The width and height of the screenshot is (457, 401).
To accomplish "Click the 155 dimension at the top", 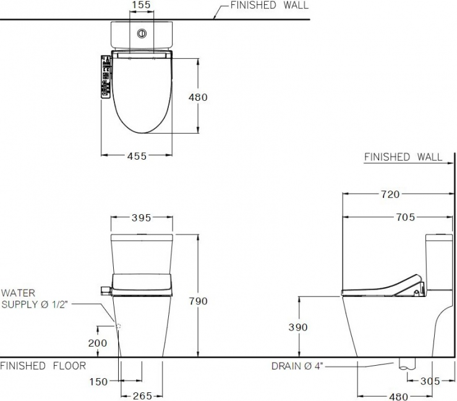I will pos(142,6).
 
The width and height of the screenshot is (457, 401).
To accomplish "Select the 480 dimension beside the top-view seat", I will pos(198,97).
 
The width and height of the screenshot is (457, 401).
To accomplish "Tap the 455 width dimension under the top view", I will pos(137,156).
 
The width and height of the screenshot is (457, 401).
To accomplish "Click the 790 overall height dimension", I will pos(198,301).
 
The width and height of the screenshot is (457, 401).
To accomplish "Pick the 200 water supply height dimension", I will pos(98,343).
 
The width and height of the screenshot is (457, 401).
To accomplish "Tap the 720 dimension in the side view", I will pos(390,194).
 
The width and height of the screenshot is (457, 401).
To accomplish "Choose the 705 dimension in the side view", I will pos(406,217).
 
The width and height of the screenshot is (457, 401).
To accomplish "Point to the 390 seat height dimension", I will pos(298,327).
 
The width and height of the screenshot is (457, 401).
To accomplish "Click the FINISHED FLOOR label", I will pos(43,366).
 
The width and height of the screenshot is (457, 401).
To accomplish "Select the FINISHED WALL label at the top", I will pos(269,6).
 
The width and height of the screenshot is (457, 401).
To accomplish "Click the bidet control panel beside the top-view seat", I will pos(105,77).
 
